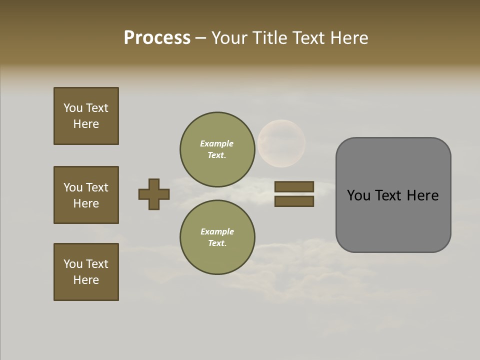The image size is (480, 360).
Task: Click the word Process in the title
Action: pos(157,38)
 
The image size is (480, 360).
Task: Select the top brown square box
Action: pos(86,116)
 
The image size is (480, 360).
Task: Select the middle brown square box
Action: pos(86,195)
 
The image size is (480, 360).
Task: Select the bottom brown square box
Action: pos(86,272)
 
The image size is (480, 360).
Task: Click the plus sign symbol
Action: pos(154,194)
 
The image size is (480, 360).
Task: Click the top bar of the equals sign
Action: pos(294,186)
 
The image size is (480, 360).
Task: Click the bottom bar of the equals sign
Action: pos(294,201)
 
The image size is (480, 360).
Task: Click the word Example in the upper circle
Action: pos(216,143)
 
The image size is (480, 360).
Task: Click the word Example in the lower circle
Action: pos(217,231)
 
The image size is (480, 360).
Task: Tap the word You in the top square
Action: pos(72,108)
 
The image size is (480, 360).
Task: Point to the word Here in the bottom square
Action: pos(86,280)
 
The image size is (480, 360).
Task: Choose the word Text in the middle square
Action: pos(96,187)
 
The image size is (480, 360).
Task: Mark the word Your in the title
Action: pos(230,38)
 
